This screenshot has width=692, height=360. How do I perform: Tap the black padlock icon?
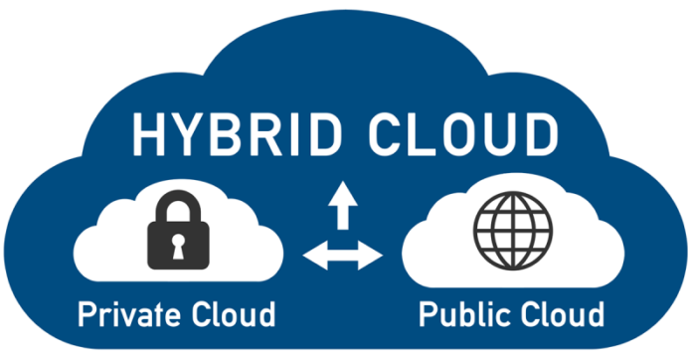tap(175, 235)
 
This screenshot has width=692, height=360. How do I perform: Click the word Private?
tap(130, 315)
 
